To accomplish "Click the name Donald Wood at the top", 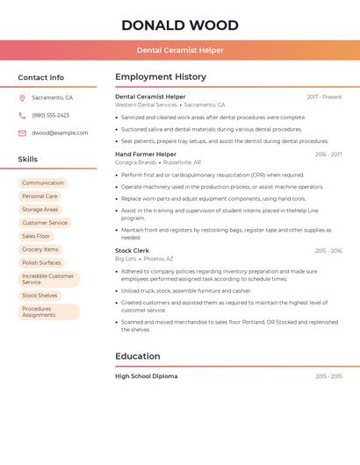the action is tap(179, 25).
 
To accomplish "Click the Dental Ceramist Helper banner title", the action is tap(180, 51).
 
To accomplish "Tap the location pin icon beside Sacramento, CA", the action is tap(22, 97).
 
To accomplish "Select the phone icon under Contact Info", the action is tap(22, 115).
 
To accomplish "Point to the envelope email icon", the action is tap(22, 132).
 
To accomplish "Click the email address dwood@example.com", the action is tap(60, 132).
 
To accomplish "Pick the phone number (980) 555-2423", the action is tap(50, 115).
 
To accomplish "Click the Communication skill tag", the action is tap(43, 183).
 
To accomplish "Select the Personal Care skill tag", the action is tap(40, 197).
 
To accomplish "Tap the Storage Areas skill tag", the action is tap(40, 210).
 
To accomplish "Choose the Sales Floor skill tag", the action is tap(36, 236).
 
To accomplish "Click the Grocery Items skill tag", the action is tap(40, 249).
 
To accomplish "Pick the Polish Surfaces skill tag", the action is tap(41, 262).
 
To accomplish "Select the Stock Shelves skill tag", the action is tap(40, 296).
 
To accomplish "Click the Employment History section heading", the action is tap(161, 77).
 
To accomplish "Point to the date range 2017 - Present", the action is tap(324, 97).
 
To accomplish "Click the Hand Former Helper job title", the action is tap(146, 154).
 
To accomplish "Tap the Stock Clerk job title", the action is tap(133, 251).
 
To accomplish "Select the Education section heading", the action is tap(138, 356).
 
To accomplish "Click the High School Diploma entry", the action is tap(146, 376).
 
